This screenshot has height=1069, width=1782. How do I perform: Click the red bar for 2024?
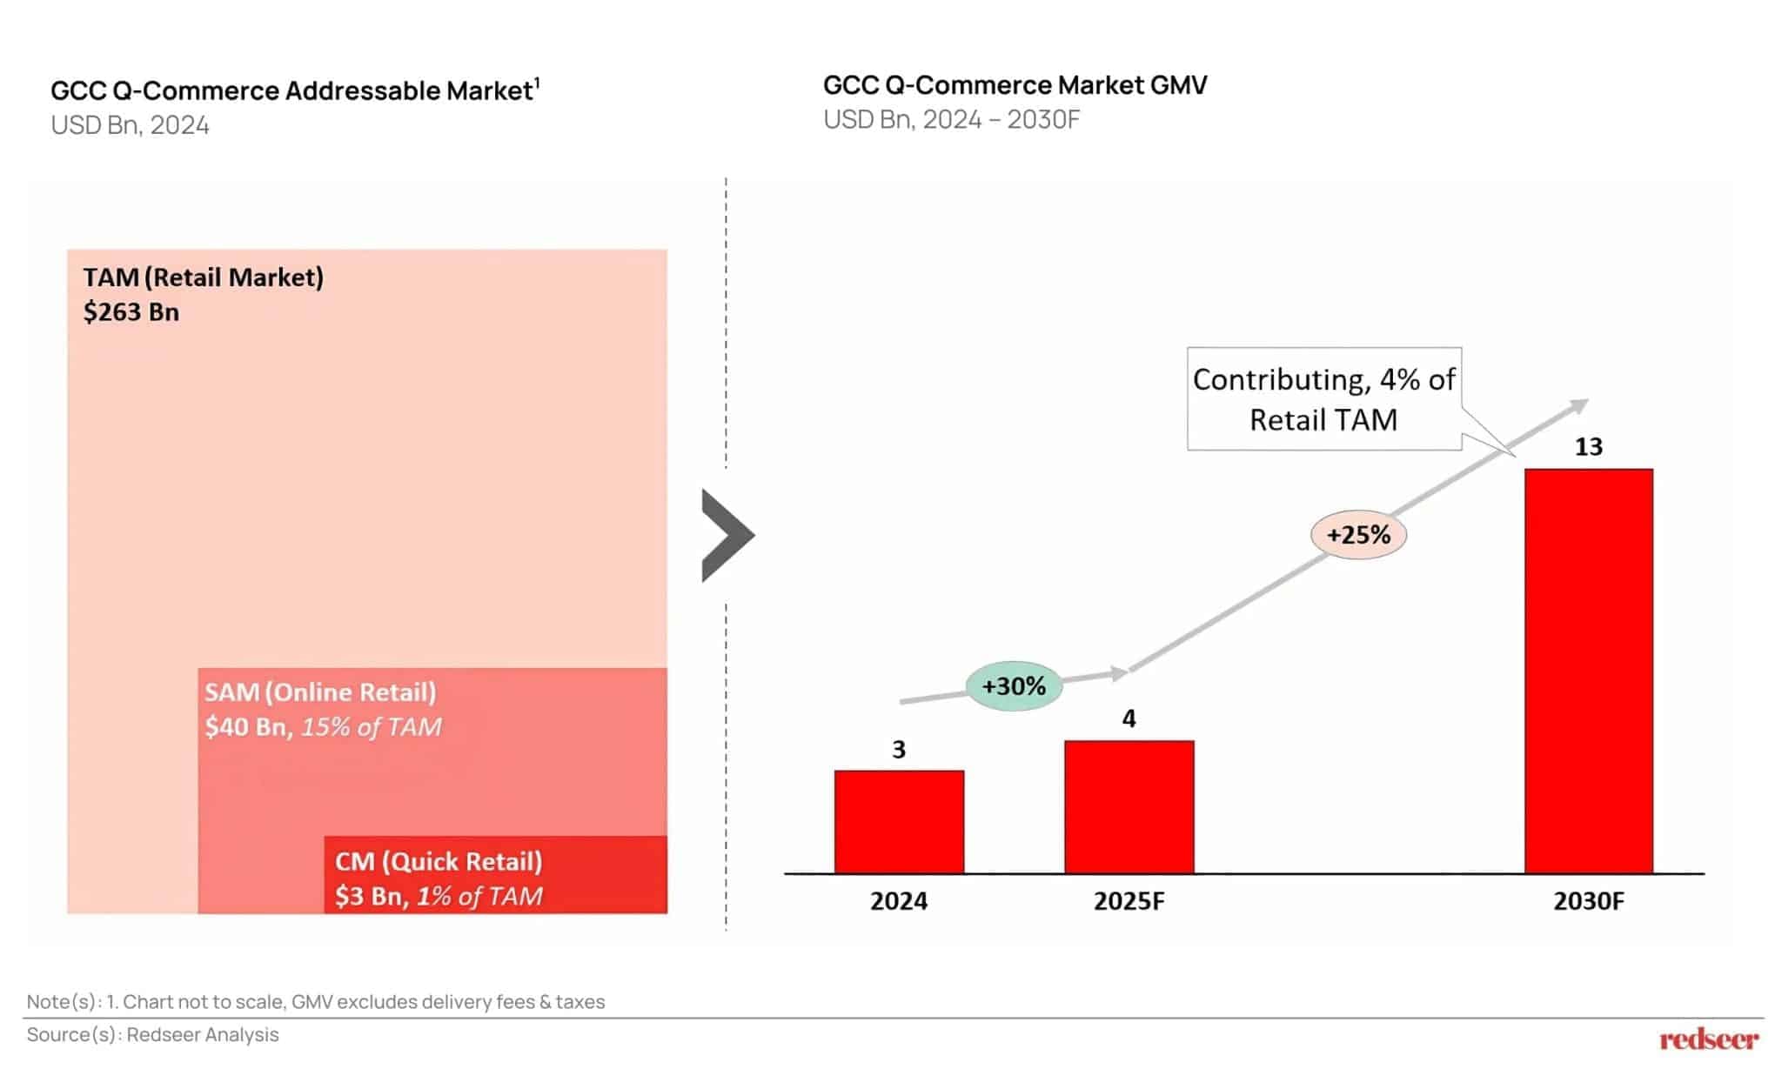[899, 821]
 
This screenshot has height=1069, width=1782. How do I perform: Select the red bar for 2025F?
[1129, 806]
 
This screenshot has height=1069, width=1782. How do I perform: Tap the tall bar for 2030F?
[1588, 670]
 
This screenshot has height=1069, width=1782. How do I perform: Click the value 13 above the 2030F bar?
[1588, 447]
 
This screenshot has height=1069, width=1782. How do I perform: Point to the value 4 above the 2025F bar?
[1129, 718]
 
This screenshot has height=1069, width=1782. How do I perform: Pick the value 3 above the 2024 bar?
[899, 749]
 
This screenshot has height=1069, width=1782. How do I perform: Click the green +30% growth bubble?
[1014, 686]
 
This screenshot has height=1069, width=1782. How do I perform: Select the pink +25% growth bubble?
[1358, 534]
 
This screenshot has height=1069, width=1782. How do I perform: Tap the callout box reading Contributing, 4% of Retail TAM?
[1323, 399]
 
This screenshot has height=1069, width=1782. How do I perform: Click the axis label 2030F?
[1588, 901]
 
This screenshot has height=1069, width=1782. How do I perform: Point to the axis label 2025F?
[1129, 901]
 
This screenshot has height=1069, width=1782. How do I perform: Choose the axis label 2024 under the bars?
[899, 901]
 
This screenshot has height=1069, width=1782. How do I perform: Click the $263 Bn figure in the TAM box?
[131, 312]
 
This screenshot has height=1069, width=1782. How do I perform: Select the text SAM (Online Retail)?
[320, 692]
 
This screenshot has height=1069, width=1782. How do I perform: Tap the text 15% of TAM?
[371, 727]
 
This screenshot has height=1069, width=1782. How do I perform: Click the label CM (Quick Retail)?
[439, 861]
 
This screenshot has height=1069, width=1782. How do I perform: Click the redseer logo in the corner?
[1708, 1039]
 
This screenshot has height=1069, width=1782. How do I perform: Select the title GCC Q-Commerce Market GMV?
[1015, 85]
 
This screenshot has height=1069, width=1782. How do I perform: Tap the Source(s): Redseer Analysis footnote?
[153, 1034]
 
